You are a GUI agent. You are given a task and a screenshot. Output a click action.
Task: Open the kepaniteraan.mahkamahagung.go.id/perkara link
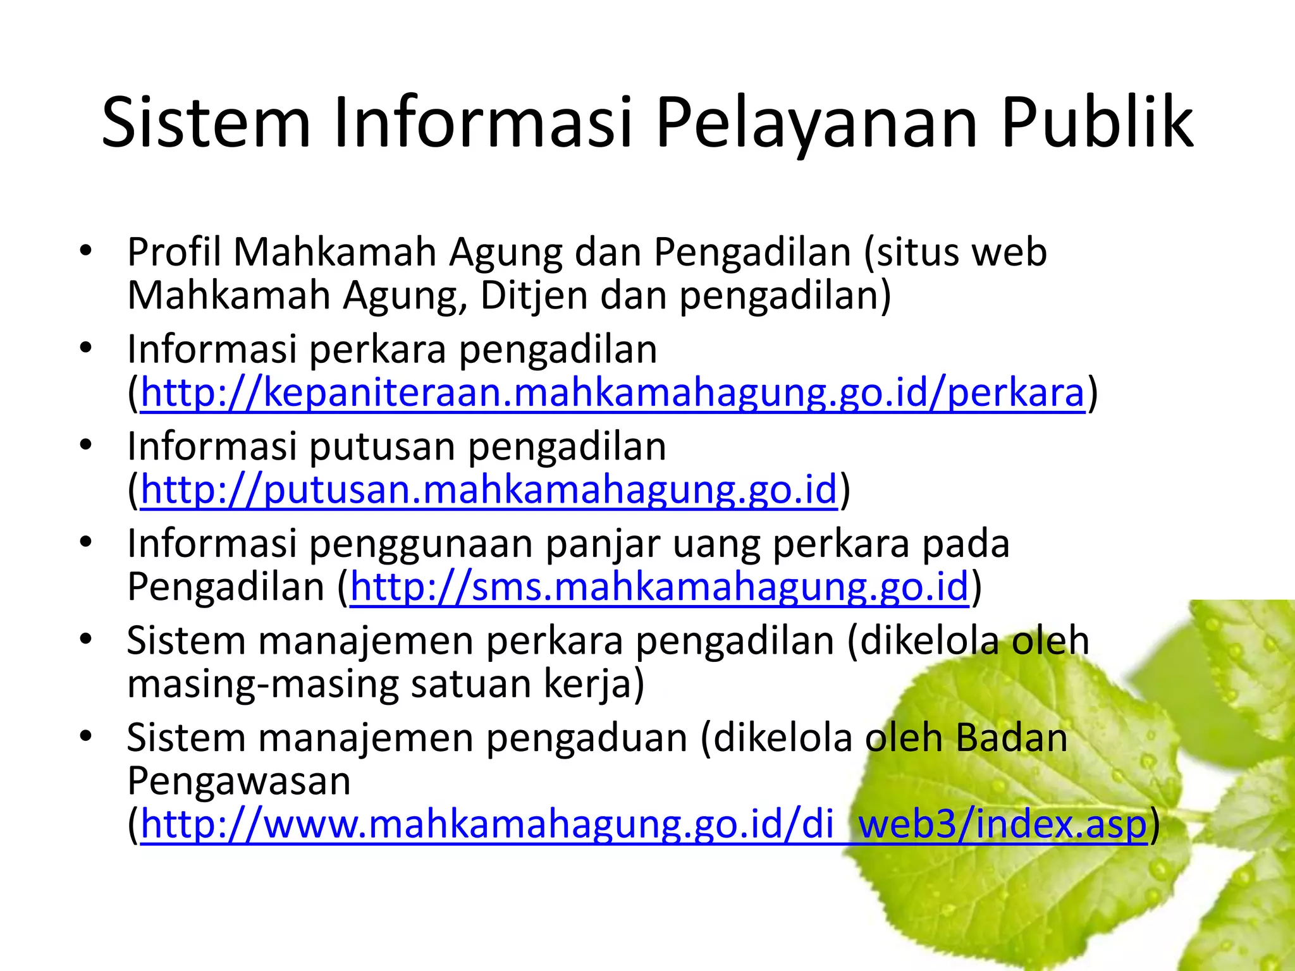click(x=612, y=393)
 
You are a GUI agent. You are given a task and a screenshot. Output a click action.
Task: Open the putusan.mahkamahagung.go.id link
click(x=489, y=490)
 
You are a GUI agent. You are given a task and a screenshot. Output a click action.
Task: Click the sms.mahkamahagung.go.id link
click(x=659, y=587)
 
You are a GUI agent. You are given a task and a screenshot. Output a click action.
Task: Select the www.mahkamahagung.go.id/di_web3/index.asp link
click(x=643, y=825)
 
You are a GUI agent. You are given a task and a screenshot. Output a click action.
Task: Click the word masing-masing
click(x=262, y=685)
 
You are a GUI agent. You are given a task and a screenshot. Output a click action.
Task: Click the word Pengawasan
click(x=238, y=781)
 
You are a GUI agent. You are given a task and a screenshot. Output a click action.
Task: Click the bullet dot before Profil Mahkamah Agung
click(x=86, y=251)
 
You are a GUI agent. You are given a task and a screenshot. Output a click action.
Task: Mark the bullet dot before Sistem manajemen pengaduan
click(x=86, y=736)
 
